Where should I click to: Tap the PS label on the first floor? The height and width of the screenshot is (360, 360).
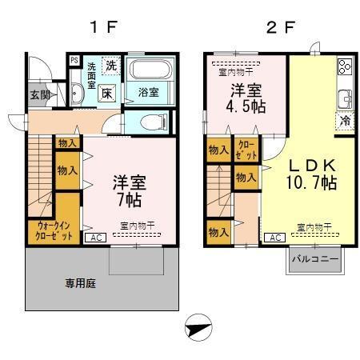click(x=74, y=59)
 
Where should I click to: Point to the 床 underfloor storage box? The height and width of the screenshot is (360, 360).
click(x=107, y=93)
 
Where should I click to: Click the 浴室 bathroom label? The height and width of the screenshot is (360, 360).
click(x=146, y=92)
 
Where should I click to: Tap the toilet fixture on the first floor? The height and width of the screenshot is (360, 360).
click(x=151, y=122)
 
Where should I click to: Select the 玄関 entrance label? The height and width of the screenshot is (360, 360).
click(x=40, y=94)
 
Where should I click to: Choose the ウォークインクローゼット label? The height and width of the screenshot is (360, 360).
click(x=54, y=232)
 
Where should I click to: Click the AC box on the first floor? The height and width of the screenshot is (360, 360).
click(x=94, y=238)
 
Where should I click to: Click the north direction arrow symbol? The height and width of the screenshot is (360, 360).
click(x=197, y=328)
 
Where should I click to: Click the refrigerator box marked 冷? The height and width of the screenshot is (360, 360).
click(x=342, y=122)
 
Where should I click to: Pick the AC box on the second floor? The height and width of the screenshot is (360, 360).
click(x=273, y=238)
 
